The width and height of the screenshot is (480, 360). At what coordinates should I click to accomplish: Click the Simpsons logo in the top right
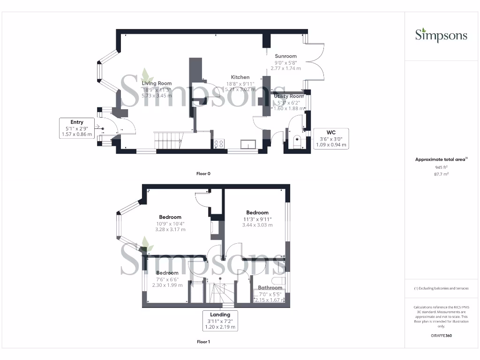[x=441, y=35]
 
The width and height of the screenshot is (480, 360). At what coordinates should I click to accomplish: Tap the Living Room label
[x=157, y=83]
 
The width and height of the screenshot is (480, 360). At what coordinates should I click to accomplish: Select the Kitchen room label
[x=240, y=77]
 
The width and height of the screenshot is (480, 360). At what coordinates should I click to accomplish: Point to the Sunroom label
[x=285, y=56]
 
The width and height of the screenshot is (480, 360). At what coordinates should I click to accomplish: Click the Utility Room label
[x=289, y=96]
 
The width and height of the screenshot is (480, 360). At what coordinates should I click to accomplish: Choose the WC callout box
[x=331, y=138]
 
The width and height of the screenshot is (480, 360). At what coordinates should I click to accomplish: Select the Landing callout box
[x=220, y=321]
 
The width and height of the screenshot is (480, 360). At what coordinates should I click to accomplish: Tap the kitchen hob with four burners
[x=218, y=144]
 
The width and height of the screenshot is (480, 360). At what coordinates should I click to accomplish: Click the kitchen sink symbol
[x=248, y=144]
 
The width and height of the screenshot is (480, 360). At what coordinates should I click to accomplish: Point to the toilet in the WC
[x=296, y=142]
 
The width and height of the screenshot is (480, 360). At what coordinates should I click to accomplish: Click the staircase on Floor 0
[x=167, y=140]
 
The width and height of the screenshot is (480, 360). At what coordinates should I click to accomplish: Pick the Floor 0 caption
[x=203, y=173]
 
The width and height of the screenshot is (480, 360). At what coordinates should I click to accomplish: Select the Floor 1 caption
[x=203, y=342]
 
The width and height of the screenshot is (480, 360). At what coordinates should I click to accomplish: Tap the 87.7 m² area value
[x=441, y=173]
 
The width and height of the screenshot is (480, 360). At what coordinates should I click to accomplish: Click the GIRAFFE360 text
[x=441, y=336]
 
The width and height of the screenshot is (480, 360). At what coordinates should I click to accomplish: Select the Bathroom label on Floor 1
[x=270, y=288]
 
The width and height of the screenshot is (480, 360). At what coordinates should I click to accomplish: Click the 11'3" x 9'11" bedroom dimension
[x=257, y=219]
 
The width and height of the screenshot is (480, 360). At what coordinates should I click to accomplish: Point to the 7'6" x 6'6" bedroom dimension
[x=167, y=279]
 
